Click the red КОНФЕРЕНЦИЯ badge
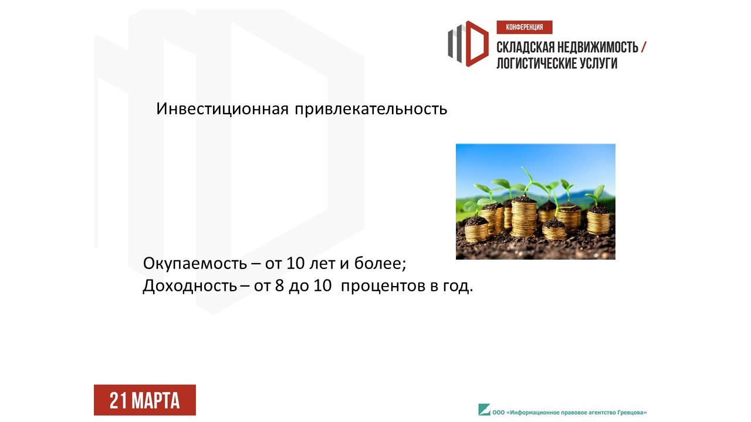coord(525,27)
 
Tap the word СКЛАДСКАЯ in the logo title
coord(525,47)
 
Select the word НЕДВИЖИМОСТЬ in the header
coord(598,47)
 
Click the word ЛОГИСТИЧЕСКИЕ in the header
coord(536,63)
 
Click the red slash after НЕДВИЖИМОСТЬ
coord(644,47)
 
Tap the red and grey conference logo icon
coord(468,44)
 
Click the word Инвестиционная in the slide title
coord(222,109)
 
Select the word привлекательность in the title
coord(371,110)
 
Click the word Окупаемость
coord(195,264)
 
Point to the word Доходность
coord(190,286)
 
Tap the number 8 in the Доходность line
coord(279,285)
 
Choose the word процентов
coord(383,287)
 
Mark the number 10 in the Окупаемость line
coord(295,263)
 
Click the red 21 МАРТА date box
coord(145,400)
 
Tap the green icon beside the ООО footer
coord(484,410)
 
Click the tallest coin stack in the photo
coord(524,216)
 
